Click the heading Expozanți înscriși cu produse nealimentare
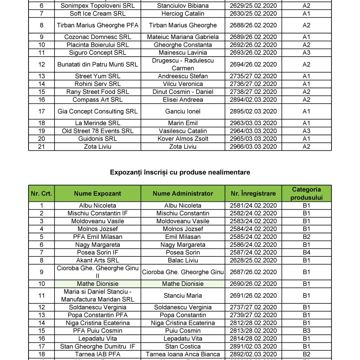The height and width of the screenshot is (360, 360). coord(180,172)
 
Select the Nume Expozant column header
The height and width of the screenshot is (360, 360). coord(97,193)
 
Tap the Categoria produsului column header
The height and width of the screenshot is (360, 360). coord(306,193)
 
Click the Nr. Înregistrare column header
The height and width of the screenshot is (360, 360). coord(253,193)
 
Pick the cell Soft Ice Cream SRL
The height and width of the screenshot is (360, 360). coord(97,14)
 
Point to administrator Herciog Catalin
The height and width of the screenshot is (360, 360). coord(183,14)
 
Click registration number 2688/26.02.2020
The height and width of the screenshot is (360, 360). coord(253,25)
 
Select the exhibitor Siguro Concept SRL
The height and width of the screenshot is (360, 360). coord(97,53)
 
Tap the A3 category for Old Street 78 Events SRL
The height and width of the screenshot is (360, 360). coord(306,131)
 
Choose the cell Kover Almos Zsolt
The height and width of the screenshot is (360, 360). coord(183,139)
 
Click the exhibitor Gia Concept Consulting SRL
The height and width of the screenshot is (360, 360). coord(97,111)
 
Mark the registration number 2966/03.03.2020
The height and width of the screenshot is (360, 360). coord(253,147)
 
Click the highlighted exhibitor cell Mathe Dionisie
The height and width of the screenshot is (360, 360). coord(97,284)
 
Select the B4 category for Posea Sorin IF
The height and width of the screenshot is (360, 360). coord(306,252)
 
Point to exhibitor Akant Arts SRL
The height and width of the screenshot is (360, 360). coord(97,261)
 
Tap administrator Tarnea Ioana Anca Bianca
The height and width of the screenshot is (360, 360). coord(183,354)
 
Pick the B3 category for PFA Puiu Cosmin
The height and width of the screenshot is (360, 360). coord(306,331)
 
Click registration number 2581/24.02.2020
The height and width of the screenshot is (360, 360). coord(253,206)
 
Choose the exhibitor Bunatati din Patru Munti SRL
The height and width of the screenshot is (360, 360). coord(97,64)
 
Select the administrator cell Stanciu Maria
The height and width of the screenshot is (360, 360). coord(183,296)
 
